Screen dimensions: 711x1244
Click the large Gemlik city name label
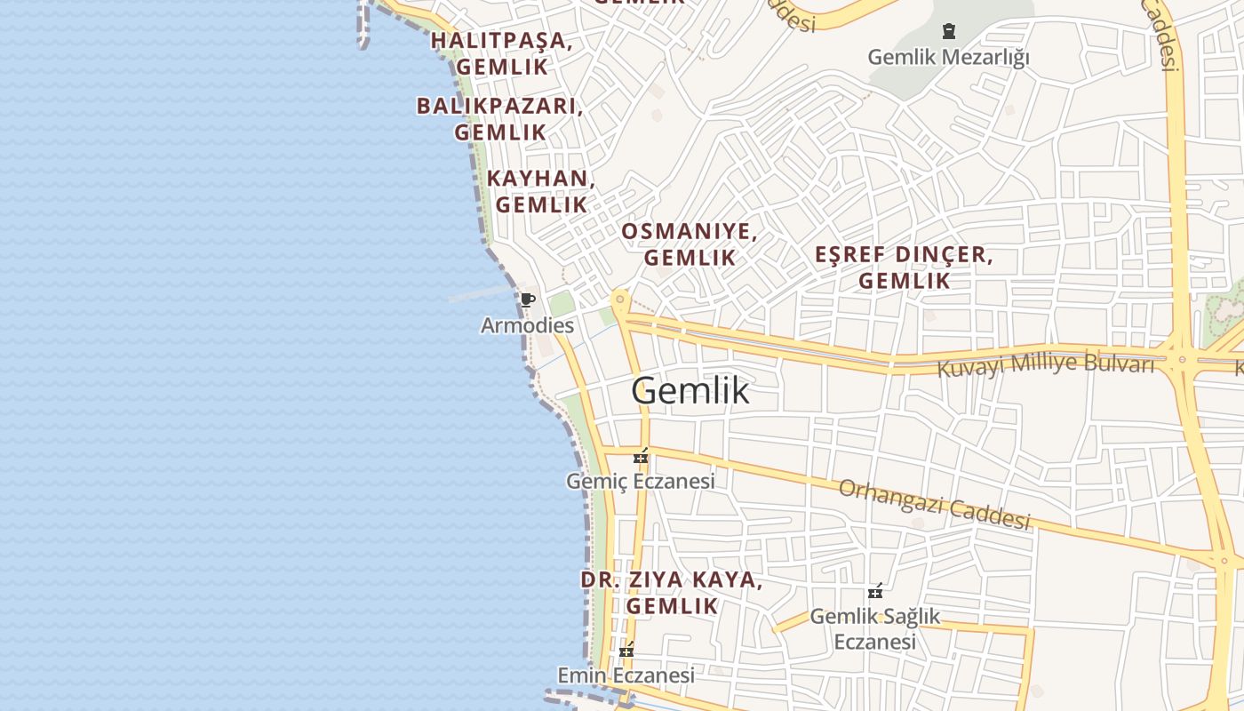pyautogui.click(x=690, y=391)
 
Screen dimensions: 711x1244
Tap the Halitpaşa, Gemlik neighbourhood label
pyautogui.click(x=502, y=53)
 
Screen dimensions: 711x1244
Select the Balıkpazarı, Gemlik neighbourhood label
pyautogui.click(x=500, y=119)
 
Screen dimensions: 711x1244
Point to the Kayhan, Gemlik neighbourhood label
pyautogui.click(x=541, y=191)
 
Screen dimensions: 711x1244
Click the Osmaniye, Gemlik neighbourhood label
pyautogui.click(x=690, y=244)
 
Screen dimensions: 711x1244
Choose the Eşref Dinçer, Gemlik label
pyautogui.click(x=905, y=268)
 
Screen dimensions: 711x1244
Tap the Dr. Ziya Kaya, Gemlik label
pyautogui.click(x=672, y=593)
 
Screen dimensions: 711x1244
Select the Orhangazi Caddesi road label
pyautogui.click(x=935, y=504)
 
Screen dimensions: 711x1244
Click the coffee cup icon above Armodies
pyautogui.click(x=527, y=300)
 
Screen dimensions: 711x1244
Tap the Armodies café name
pyautogui.click(x=527, y=325)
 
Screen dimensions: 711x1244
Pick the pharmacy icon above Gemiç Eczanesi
pyautogui.click(x=641, y=458)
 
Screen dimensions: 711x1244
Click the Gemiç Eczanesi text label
pyautogui.click(x=641, y=482)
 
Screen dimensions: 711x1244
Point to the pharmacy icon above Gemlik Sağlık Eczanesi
pyautogui.click(x=875, y=591)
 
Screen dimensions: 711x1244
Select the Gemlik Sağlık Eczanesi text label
pyautogui.click(x=875, y=628)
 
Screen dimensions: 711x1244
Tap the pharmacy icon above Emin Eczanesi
pyautogui.click(x=626, y=651)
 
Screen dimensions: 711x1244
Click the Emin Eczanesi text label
pyautogui.click(x=626, y=675)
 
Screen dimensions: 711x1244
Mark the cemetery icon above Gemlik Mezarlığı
pyautogui.click(x=949, y=32)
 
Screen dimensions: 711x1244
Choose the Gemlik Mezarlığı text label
pyautogui.click(x=949, y=58)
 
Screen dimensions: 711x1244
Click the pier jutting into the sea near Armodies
pyautogui.click(x=480, y=294)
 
